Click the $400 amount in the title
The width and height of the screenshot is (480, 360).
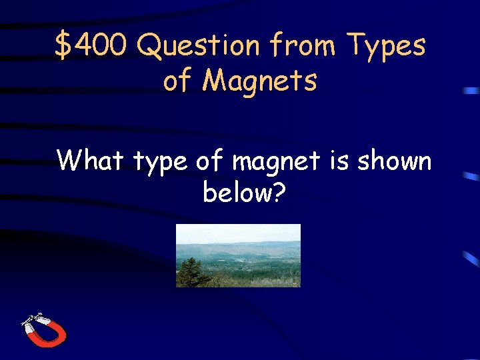94,46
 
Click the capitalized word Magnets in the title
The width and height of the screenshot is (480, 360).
260,81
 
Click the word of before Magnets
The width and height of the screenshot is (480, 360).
177,81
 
